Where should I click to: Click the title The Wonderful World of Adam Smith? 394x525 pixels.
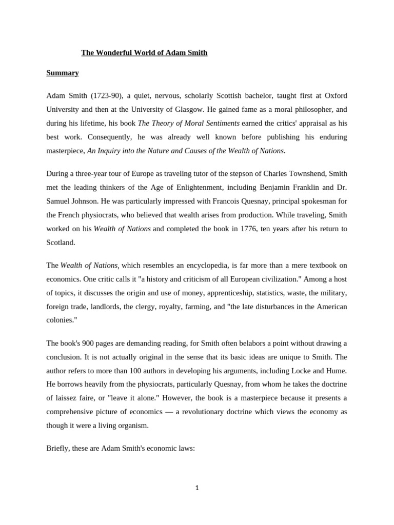144,53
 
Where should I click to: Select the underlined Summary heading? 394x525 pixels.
63,73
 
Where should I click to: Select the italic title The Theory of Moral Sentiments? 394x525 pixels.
189,123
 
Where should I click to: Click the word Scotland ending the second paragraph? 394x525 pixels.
61,242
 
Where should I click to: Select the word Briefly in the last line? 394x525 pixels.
58,448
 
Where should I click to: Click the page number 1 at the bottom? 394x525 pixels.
196,488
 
